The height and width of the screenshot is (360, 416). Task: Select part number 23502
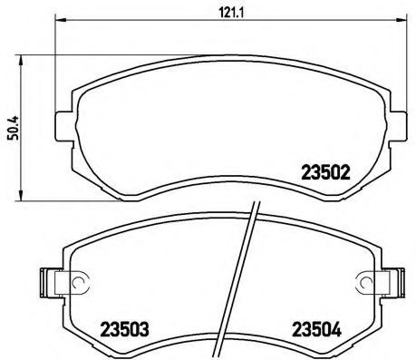[x=324, y=169]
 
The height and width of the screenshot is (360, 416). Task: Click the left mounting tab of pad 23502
[x=63, y=122]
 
